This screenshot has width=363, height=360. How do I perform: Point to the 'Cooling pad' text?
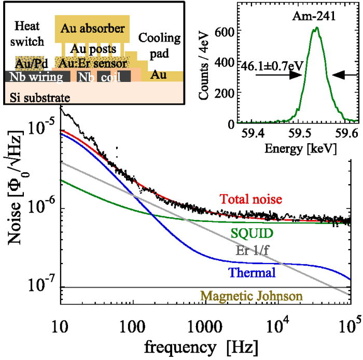(159, 46)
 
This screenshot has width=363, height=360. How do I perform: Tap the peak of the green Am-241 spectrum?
(316, 28)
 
